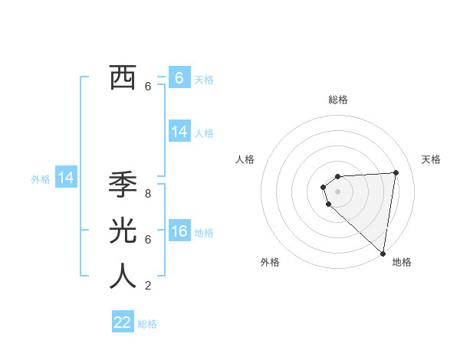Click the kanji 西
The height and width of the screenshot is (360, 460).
click(x=123, y=78)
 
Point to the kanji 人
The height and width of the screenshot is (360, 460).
click(x=123, y=276)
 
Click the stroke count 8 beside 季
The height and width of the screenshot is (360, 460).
click(x=148, y=194)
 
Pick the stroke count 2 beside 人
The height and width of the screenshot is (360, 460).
click(x=148, y=286)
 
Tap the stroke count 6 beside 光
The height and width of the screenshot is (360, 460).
click(x=148, y=239)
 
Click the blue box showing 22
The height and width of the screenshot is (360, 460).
click(x=123, y=322)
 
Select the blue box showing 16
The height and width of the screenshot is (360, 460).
click(x=179, y=232)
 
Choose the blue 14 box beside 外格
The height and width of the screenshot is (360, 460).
click(x=66, y=178)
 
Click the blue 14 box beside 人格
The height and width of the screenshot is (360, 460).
click(x=179, y=132)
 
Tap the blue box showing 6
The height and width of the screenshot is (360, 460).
click(x=179, y=78)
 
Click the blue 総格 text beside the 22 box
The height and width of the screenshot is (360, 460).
click(x=147, y=324)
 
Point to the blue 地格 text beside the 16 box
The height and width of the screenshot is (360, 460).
click(x=205, y=233)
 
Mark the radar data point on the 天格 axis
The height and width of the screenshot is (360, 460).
click(x=396, y=172)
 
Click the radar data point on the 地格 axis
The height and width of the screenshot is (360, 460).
click(x=383, y=254)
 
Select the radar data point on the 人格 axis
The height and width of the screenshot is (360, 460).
click(x=324, y=186)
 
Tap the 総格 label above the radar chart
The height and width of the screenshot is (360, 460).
click(x=338, y=100)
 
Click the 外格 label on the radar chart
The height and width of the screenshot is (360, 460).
click(x=270, y=263)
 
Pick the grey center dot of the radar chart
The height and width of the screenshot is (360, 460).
click(x=338, y=191)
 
